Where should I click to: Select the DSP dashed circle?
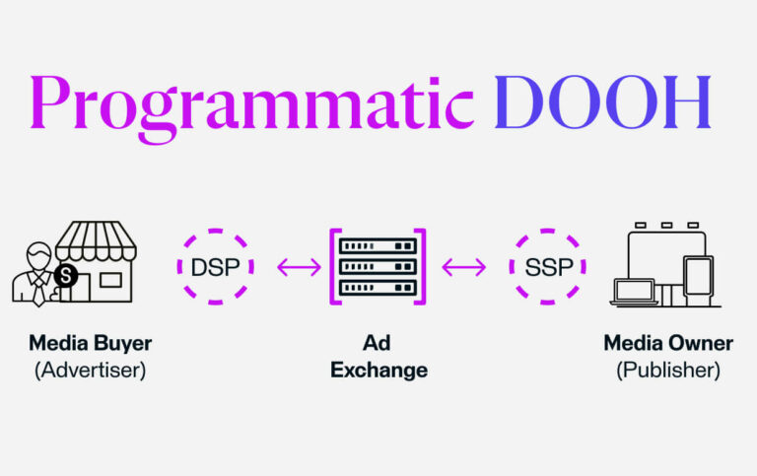point(215,266)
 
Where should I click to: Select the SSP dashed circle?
point(547,266)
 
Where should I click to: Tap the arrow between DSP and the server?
point(298,266)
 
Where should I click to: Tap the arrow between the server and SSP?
point(463,266)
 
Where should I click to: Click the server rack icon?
point(378,266)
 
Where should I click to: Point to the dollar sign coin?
point(66,276)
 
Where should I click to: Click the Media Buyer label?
point(91,344)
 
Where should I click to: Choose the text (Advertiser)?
point(91,371)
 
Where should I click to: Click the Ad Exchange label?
point(378,358)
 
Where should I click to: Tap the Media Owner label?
point(668,344)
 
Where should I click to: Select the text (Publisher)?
point(668,371)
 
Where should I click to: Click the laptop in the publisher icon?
point(634,291)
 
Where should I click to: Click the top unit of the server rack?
point(378,243)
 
